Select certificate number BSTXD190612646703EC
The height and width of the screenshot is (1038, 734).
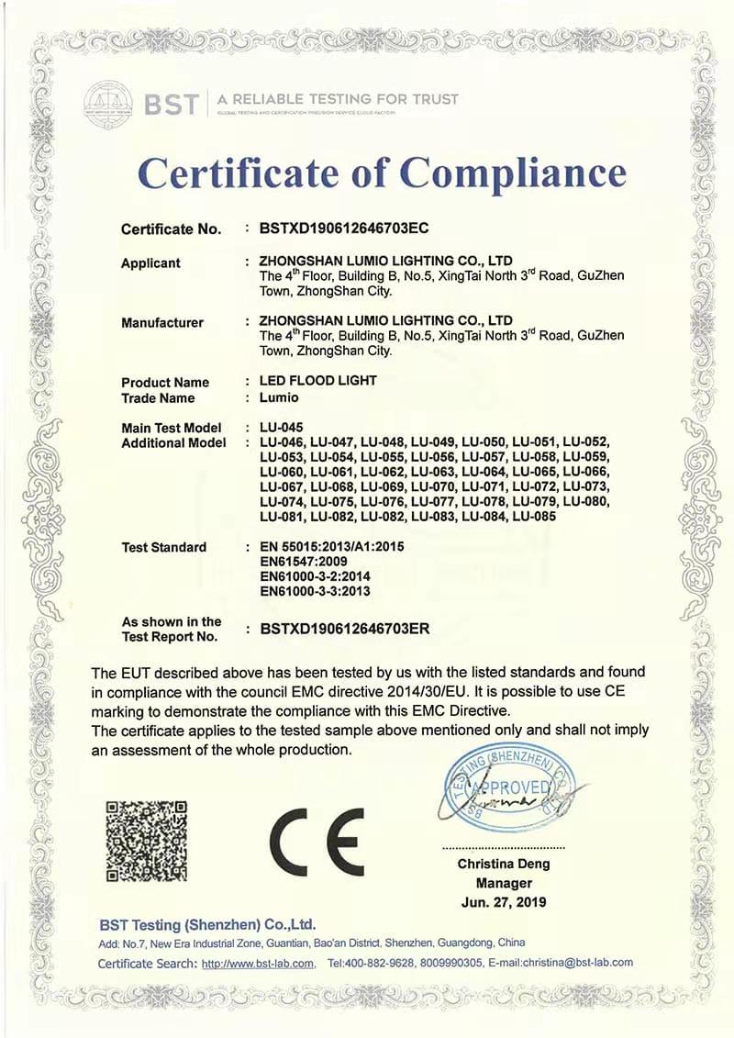point(346,228)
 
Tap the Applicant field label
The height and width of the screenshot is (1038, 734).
point(150,263)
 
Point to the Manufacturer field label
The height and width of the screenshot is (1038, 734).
point(162,322)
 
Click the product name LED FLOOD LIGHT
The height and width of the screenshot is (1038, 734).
point(318,381)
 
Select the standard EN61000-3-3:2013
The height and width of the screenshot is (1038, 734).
point(315,591)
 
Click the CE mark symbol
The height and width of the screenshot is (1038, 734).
point(317,843)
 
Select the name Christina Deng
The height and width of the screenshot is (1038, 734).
point(504,864)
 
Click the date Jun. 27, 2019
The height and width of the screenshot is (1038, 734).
point(504,901)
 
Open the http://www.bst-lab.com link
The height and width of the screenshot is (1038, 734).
point(259,963)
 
